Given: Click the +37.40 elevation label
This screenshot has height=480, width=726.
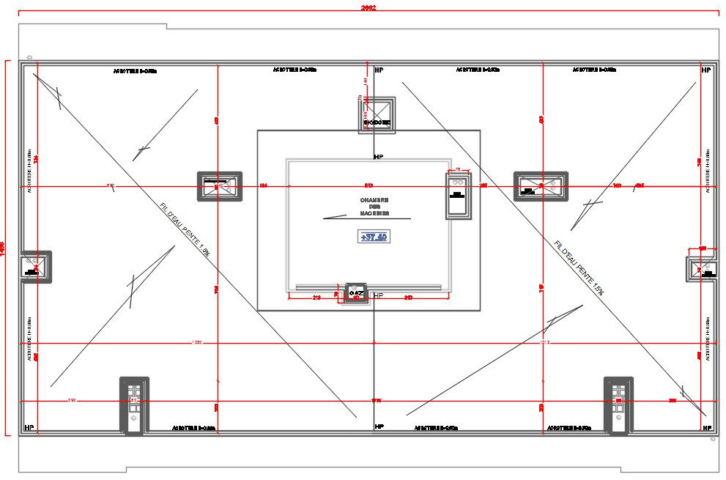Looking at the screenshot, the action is tap(374, 237).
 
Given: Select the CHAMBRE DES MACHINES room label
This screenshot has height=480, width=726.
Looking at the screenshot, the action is tap(374, 207).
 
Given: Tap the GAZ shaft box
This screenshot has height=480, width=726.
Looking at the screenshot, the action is tap(357, 294).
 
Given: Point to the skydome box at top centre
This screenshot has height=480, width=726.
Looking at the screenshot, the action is tap(377, 115).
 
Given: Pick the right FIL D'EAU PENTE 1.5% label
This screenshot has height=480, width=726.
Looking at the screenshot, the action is tap(579, 267).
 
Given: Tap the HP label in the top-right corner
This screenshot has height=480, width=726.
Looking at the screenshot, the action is tap(705, 70).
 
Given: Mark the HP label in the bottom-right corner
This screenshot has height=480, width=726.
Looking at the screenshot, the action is tap(705, 427).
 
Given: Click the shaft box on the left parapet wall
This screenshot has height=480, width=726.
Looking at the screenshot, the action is tap(35, 267).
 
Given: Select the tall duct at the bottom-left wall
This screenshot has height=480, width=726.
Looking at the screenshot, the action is tap(134, 406).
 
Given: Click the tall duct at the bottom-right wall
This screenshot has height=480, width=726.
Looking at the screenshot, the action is tap(618, 406).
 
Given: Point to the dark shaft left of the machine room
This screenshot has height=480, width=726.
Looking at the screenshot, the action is tap(219, 187).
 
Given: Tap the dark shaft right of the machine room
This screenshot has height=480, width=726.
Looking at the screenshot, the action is tap(541, 187).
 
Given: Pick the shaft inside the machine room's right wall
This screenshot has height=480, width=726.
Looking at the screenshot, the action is tap(459, 195).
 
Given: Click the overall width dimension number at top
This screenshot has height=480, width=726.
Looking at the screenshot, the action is tap(368, 8).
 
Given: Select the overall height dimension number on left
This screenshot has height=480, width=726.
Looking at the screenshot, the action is tap(4, 248).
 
